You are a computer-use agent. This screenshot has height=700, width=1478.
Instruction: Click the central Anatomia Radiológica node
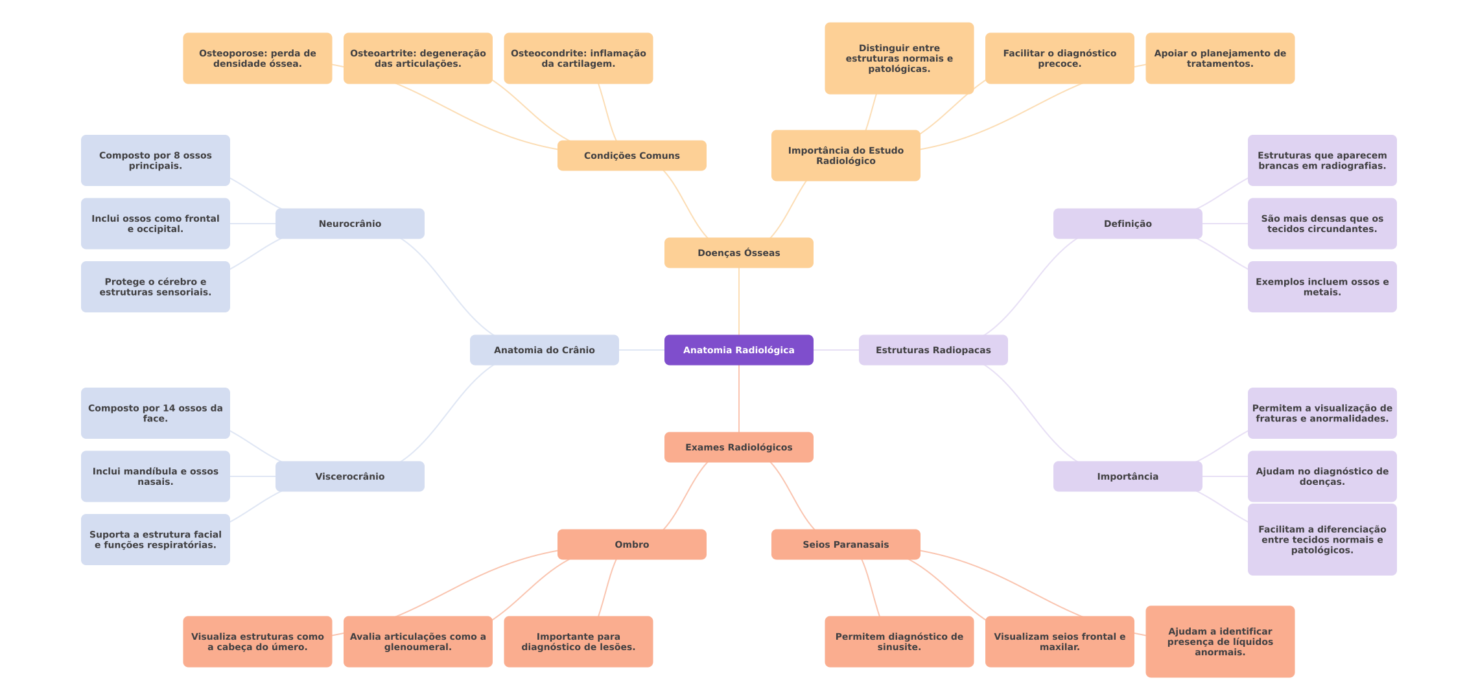coord(738,350)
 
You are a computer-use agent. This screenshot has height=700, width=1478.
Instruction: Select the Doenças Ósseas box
coord(738,253)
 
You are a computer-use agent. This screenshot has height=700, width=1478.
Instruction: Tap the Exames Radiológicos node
coord(738,447)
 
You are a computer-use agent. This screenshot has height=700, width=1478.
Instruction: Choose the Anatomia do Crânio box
coord(544,350)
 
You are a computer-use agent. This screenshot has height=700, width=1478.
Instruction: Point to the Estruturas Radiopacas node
coord(933,350)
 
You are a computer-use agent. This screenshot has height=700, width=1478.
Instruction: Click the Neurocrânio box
coord(349,224)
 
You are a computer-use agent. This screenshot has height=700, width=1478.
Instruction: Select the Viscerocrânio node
coord(349,476)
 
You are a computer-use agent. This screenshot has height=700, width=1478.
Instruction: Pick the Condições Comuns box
coord(631,156)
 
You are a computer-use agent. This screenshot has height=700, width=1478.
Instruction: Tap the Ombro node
coord(631,544)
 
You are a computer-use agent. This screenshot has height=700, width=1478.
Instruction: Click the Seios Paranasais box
coord(845,544)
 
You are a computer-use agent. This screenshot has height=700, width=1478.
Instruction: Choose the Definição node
coord(1127,224)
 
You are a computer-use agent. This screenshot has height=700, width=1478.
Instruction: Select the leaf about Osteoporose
coord(257,58)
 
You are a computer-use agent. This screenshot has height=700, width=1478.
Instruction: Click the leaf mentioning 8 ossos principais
coord(155,160)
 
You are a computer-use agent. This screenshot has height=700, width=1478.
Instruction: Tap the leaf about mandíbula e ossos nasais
coord(155,476)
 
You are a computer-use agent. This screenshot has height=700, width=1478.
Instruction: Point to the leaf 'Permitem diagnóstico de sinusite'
coord(899,642)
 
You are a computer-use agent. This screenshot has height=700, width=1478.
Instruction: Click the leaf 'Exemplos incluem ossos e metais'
coord(1322,286)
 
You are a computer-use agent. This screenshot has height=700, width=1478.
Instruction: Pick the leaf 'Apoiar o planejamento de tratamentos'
coord(1219,58)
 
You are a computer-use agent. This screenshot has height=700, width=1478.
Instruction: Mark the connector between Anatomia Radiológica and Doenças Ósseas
coord(739,301)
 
